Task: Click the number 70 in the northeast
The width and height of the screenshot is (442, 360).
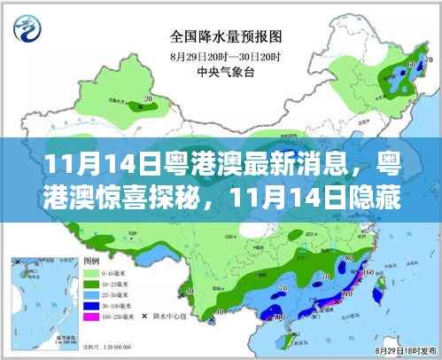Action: pos(428,59)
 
